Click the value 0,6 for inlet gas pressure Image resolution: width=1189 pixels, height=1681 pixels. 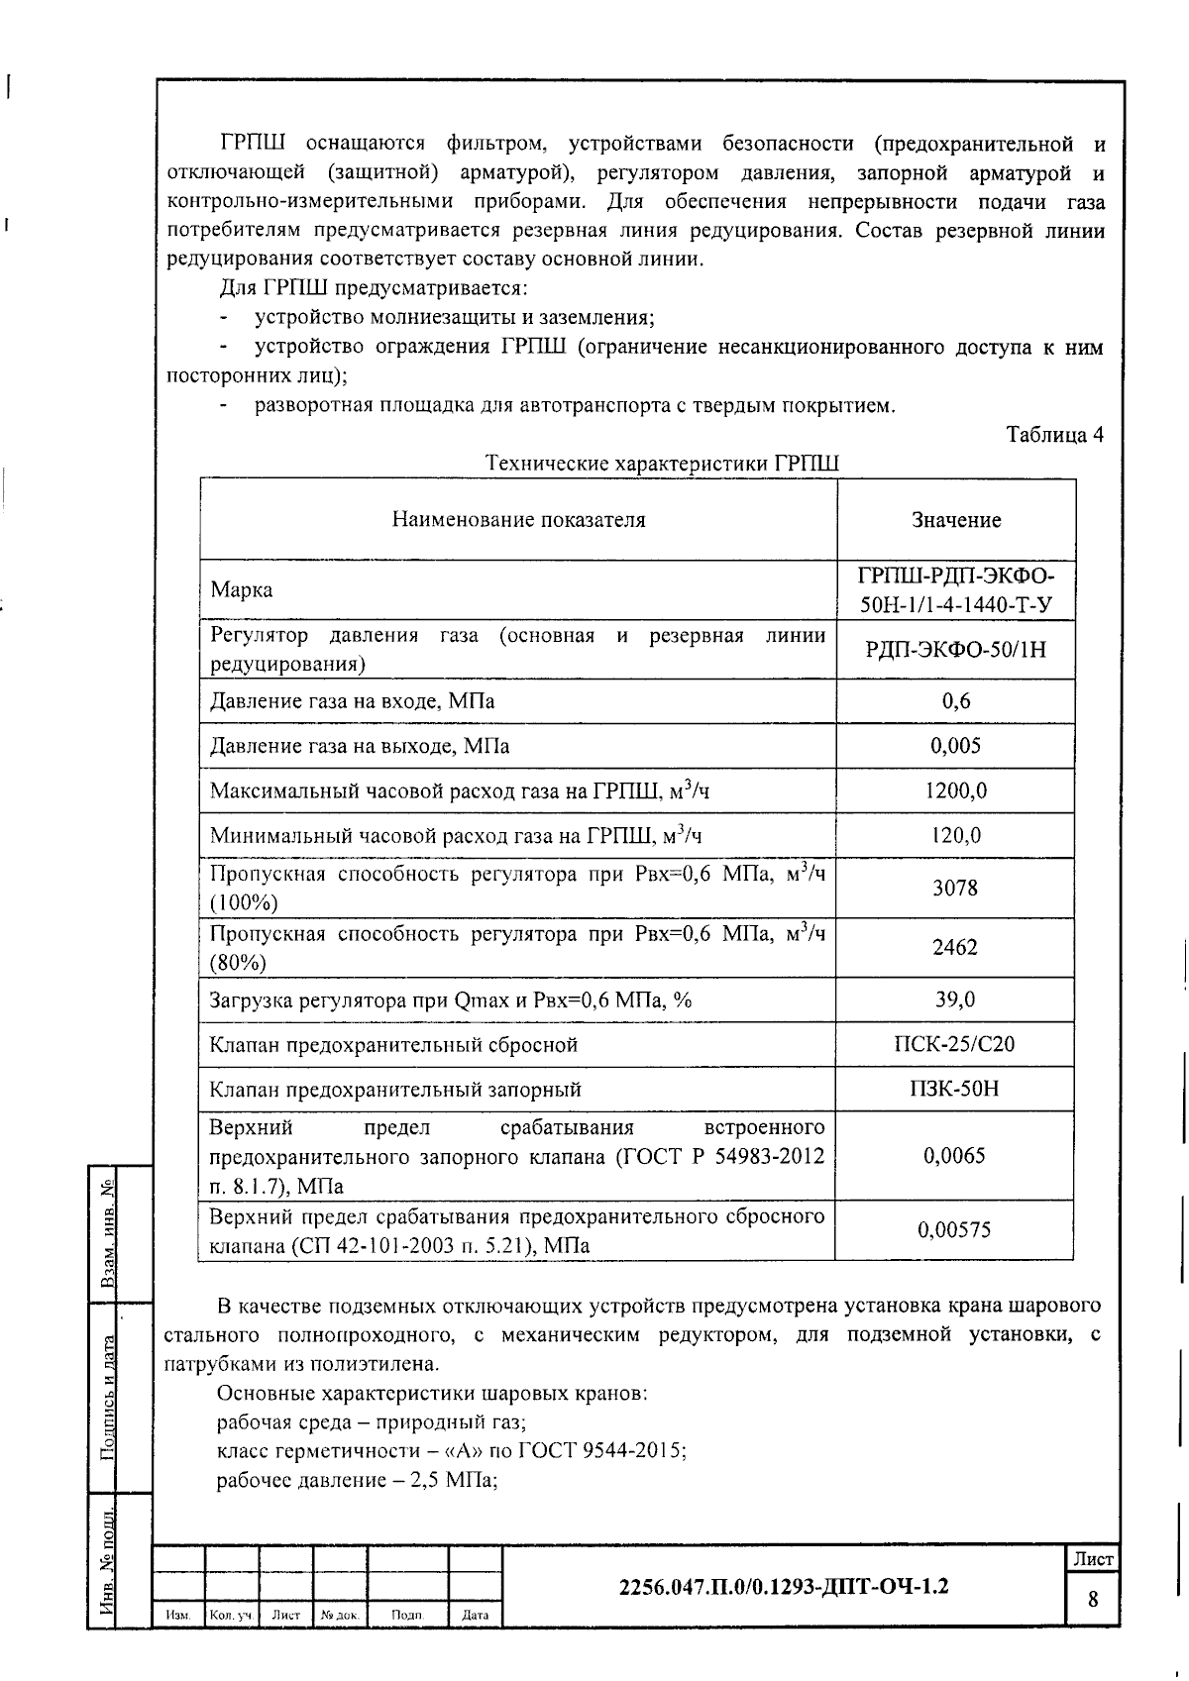(x=955, y=701)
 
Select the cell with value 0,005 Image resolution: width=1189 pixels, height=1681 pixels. (x=955, y=746)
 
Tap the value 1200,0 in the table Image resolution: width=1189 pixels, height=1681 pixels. (x=955, y=790)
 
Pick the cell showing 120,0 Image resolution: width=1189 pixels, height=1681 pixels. (x=955, y=835)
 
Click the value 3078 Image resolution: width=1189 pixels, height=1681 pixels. (x=955, y=888)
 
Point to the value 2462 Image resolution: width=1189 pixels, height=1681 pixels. (x=955, y=947)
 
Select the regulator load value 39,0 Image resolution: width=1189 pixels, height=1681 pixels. (x=955, y=999)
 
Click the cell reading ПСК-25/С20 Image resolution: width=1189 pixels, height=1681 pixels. (x=955, y=1044)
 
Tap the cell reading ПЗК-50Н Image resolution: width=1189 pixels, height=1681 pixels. (x=955, y=1089)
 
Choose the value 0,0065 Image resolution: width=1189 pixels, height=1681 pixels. (x=955, y=1155)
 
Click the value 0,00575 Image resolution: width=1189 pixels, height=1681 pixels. (x=955, y=1230)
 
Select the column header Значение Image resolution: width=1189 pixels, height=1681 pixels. (x=956, y=520)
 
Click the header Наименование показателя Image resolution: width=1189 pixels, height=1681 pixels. (x=518, y=520)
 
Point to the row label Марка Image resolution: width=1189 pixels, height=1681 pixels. (x=242, y=590)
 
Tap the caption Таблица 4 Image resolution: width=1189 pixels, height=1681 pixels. (x=1054, y=435)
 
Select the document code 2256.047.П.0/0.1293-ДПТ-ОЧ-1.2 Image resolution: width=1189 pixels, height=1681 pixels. (x=783, y=1586)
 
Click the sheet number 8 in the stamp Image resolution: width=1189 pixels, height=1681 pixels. (x=1093, y=1599)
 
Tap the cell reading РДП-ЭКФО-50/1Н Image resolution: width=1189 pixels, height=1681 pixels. (x=955, y=650)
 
